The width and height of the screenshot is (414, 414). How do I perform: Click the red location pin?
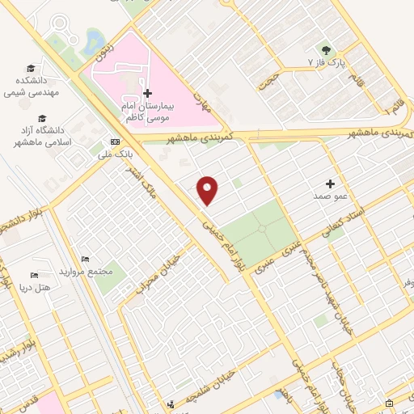pyautogui.click(x=209, y=189)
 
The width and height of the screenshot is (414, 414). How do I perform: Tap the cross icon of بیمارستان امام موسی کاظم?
pyautogui.click(x=146, y=94)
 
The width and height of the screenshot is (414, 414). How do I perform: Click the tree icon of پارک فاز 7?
pyautogui.click(x=327, y=49)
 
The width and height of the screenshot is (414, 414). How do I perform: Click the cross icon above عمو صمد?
pyautogui.click(x=330, y=183)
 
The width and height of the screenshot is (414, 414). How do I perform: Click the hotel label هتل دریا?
pyautogui.click(x=33, y=287)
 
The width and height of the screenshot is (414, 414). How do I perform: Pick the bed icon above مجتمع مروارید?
pyautogui.click(x=85, y=260)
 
